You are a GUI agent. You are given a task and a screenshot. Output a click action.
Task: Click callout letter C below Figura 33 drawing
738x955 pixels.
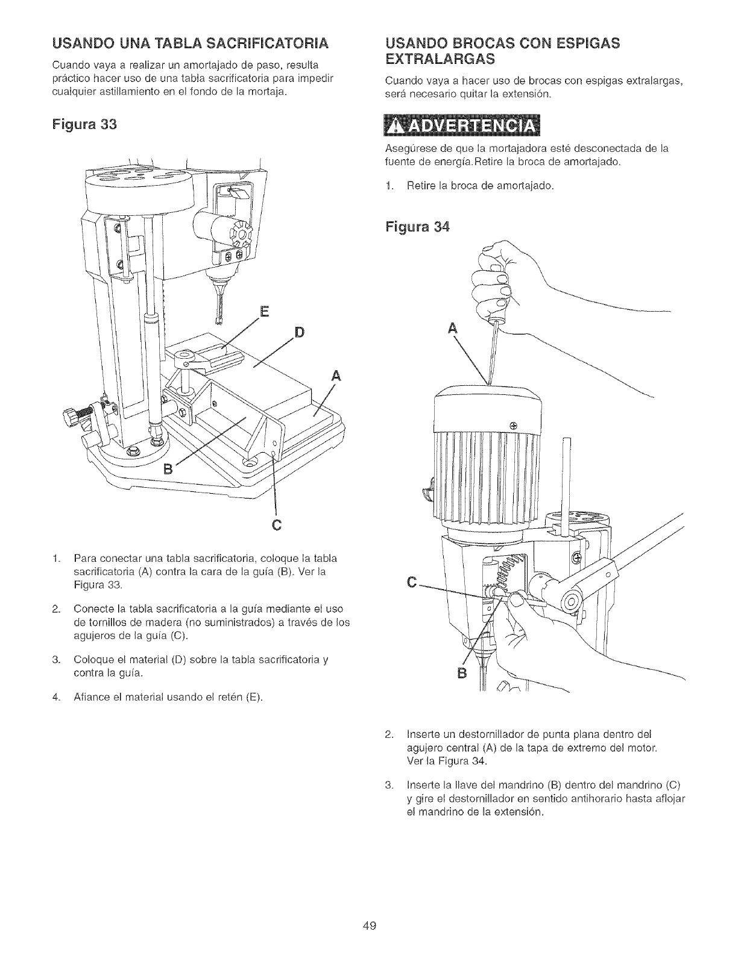coord(277,523)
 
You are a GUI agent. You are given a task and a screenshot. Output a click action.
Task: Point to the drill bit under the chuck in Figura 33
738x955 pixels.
coord(221,305)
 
